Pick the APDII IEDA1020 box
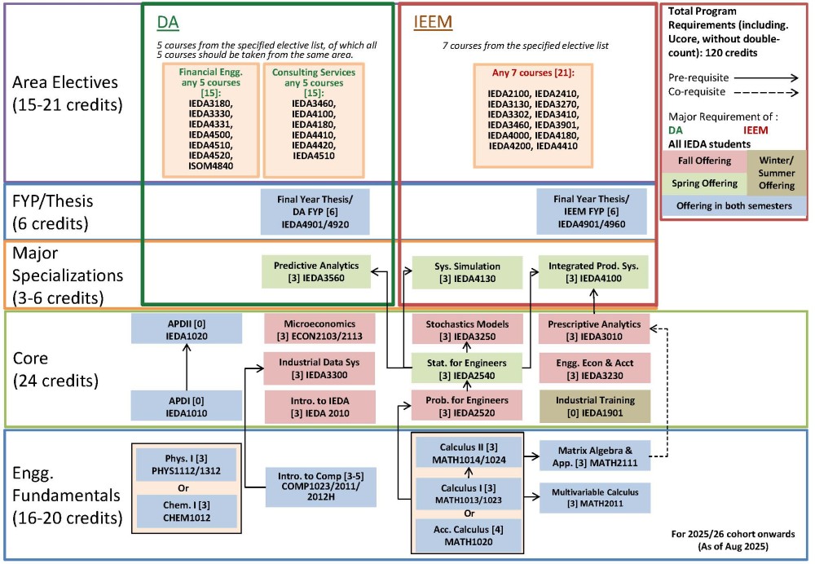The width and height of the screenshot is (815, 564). click(187, 330)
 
